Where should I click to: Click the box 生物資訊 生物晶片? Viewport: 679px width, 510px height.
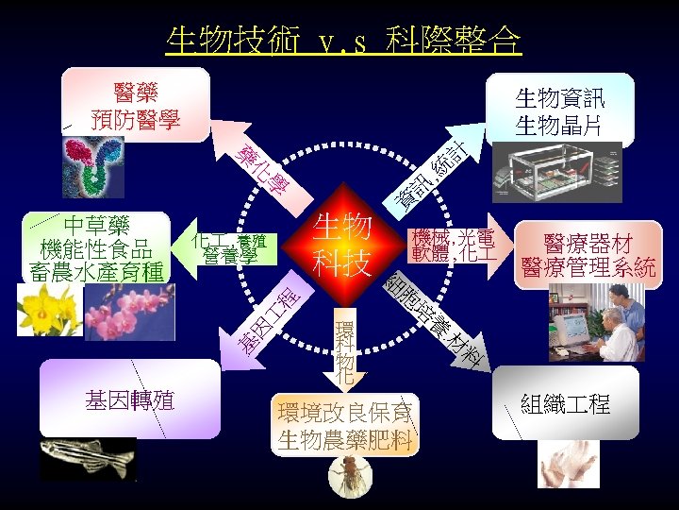point(560,110)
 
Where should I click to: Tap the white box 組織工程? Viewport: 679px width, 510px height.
point(566,404)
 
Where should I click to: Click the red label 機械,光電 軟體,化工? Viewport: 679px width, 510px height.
point(451,245)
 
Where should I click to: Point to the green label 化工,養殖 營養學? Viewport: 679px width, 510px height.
point(230,248)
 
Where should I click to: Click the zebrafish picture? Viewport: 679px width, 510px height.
point(87,458)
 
